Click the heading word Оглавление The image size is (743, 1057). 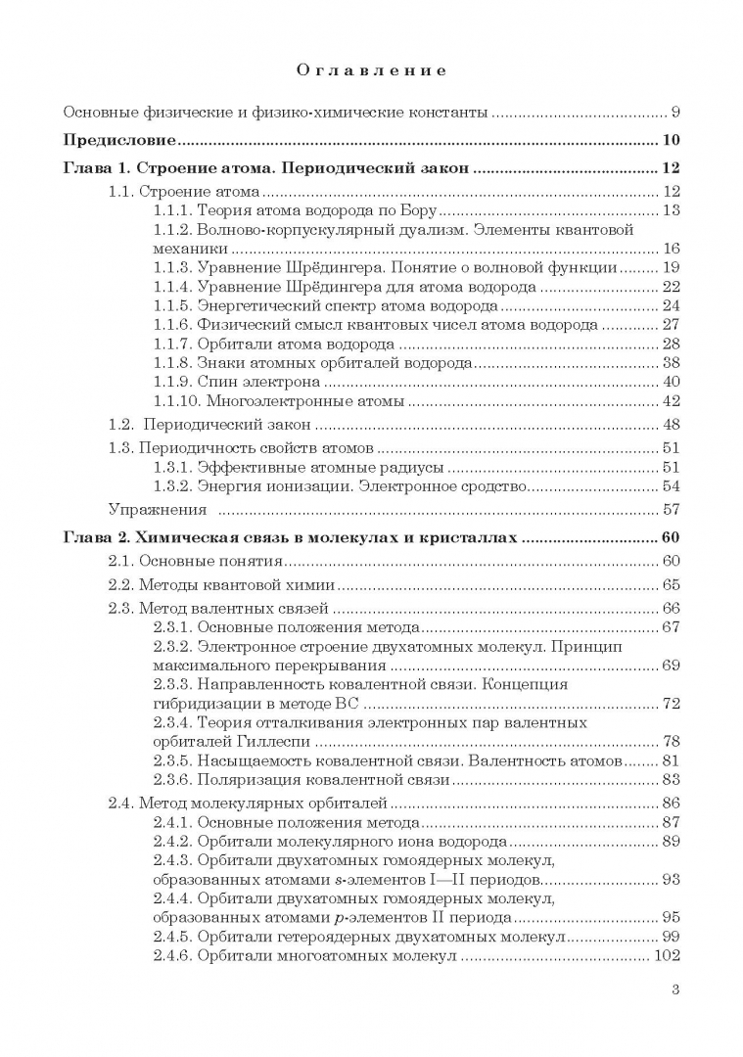pos(371,70)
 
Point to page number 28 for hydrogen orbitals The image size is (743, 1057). pos(671,344)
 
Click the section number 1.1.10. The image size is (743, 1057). pos(178,400)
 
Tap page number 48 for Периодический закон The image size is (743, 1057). pos(671,425)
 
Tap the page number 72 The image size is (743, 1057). pos(671,704)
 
